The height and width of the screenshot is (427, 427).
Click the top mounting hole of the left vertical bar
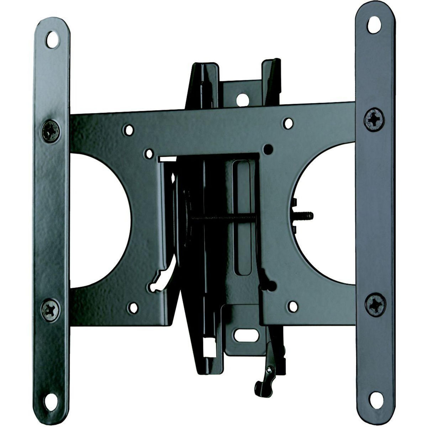(x=52, y=39)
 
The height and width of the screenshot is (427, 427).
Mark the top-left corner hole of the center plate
(x=129, y=130)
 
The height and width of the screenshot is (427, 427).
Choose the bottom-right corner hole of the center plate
(x=292, y=306)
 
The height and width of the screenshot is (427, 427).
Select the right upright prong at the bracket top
(x=271, y=80)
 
